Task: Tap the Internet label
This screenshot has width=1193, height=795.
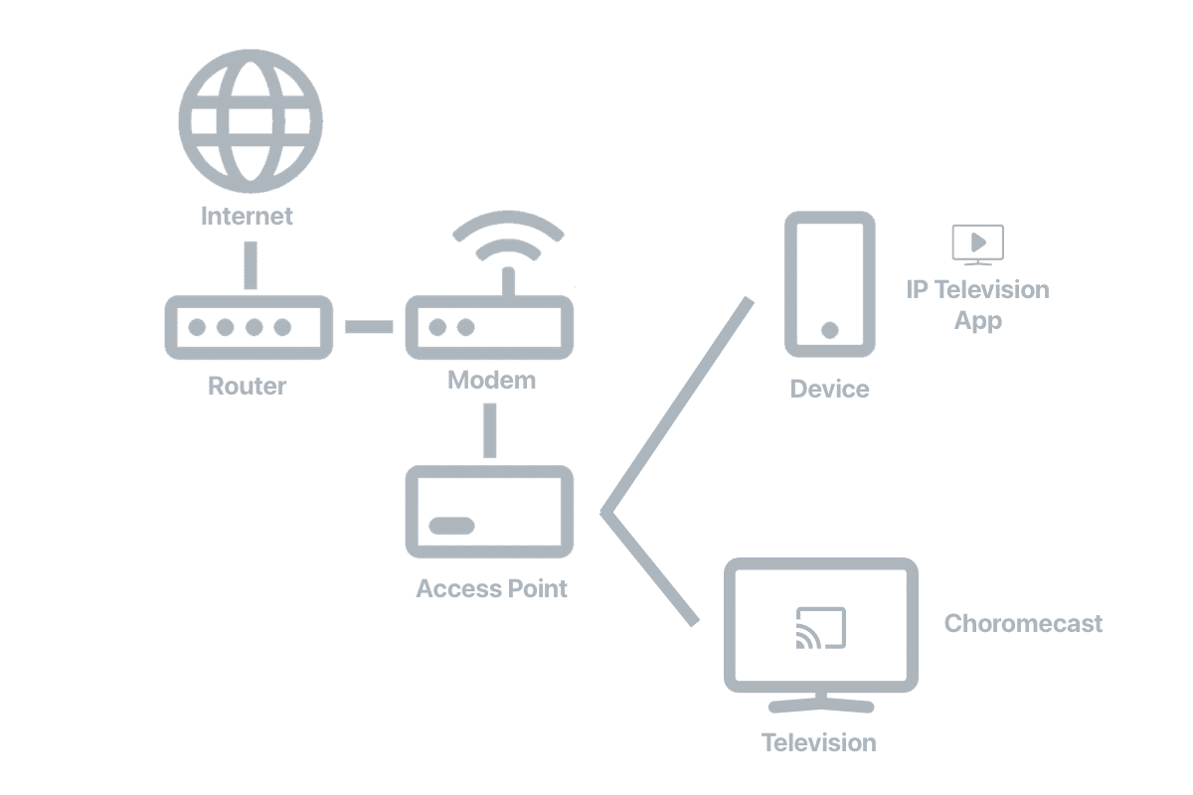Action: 248,216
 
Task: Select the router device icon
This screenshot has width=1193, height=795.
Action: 248,327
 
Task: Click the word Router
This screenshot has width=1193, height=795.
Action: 247,386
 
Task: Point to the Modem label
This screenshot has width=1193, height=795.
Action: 491,381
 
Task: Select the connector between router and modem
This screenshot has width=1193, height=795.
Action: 369,326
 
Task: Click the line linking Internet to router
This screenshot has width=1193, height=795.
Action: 249,265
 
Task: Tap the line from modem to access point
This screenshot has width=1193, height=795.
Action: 488,429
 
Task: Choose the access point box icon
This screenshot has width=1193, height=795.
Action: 489,511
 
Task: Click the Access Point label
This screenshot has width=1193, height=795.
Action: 491,588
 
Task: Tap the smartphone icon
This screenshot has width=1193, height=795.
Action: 830,284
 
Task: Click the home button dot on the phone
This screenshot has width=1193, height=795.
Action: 830,330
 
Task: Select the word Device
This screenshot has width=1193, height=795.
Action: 829,389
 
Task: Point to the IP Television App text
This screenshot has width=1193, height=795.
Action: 977,305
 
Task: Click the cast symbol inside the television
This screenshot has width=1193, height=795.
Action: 820,628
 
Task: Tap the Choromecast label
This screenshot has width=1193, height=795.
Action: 1023,624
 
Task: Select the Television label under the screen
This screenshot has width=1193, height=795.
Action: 818,742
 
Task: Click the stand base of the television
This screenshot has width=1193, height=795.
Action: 821,706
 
